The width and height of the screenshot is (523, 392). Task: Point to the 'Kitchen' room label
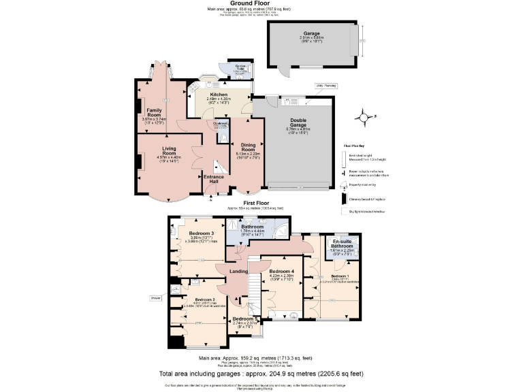tap(218, 95)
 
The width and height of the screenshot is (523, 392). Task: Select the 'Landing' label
tap(238, 272)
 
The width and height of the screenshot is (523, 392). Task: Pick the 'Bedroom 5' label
tap(243, 319)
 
